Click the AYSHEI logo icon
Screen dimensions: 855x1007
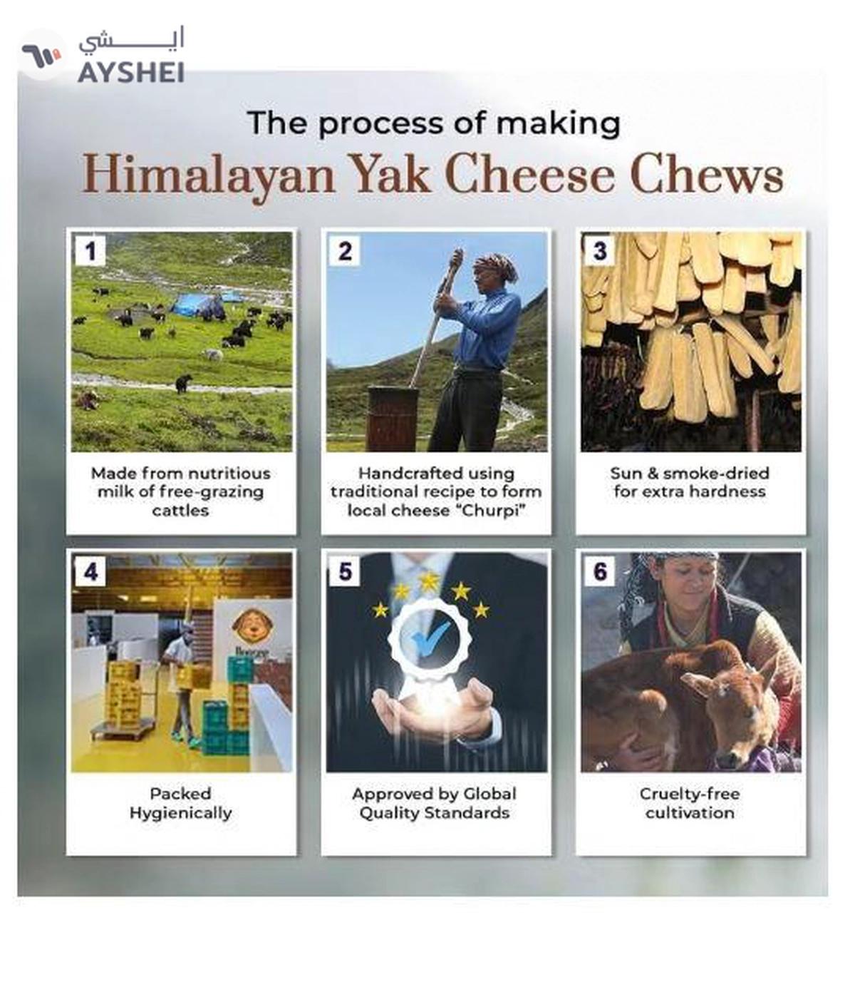coord(42,55)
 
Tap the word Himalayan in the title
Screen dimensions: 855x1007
coord(209,176)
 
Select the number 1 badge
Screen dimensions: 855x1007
coord(90,251)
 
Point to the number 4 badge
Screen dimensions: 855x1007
coord(90,571)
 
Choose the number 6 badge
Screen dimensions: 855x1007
coord(600,571)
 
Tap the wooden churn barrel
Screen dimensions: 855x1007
coord(393,418)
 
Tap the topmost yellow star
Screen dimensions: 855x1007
coord(428,581)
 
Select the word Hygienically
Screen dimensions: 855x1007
coord(181,812)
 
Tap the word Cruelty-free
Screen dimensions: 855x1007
coord(690,794)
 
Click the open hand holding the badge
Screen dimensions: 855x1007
coord(435,711)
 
